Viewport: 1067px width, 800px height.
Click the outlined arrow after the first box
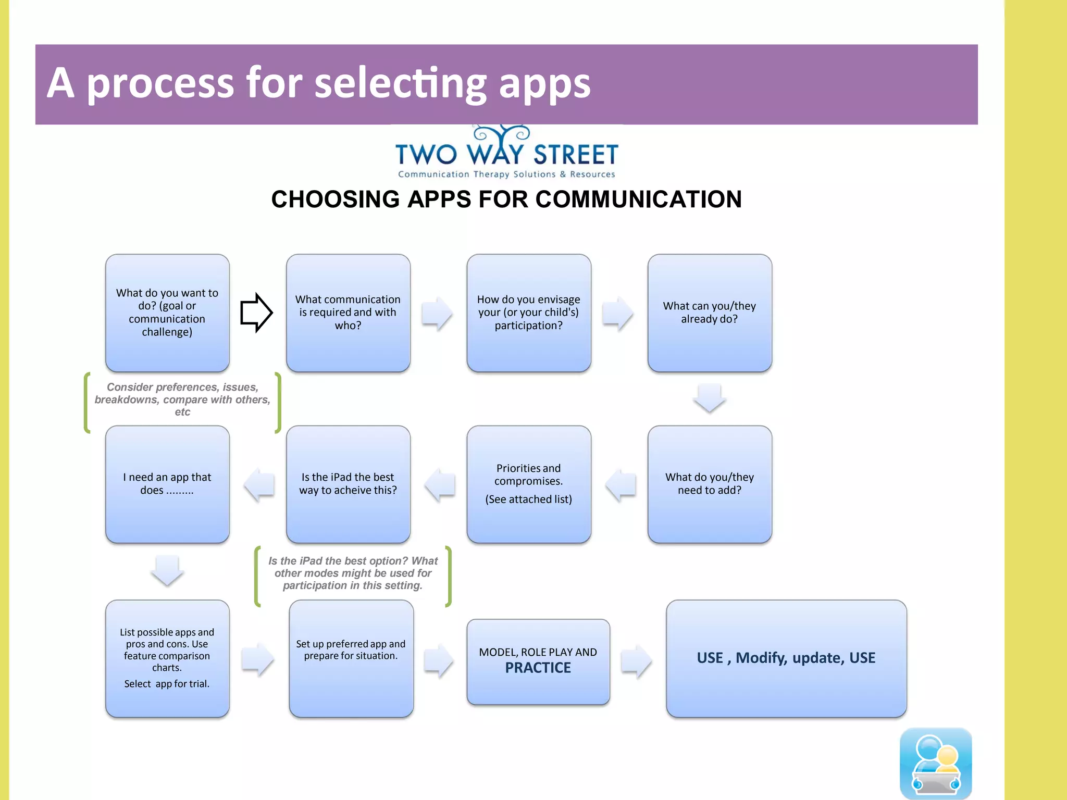click(x=256, y=312)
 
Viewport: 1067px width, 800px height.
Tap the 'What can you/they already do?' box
click(x=710, y=313)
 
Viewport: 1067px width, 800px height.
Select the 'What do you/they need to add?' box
click(x=710, y=484)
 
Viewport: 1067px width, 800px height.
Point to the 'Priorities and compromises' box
click(x=529, y=484)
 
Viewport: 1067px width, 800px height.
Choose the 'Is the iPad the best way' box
click(x=348, y=484)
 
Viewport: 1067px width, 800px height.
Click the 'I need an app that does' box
click(x=167, y=484)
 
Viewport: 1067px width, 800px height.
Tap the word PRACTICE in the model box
click(x=538, y=668)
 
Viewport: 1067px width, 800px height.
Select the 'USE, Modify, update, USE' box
click(x=786, y=658)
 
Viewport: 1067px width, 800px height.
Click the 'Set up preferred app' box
click(x=351, y=658)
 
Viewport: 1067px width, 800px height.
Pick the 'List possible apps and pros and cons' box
click(x=167, y=658)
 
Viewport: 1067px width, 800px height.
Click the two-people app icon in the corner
click(x=936, y=763)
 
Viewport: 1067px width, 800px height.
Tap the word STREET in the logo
click(x=576, y=155)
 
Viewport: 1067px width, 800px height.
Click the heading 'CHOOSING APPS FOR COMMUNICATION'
click(x=506, y=199)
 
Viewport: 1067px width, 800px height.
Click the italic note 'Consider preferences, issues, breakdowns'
click(x=182, y=399)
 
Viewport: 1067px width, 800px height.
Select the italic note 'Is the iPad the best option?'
click(x=353, y=573)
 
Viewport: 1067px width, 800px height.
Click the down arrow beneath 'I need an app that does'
click(x=167, y=570)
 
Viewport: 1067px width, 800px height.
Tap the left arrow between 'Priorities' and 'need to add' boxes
click(x=621, y=484)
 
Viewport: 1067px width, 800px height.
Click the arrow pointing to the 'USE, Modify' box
click(x=636, y=660)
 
